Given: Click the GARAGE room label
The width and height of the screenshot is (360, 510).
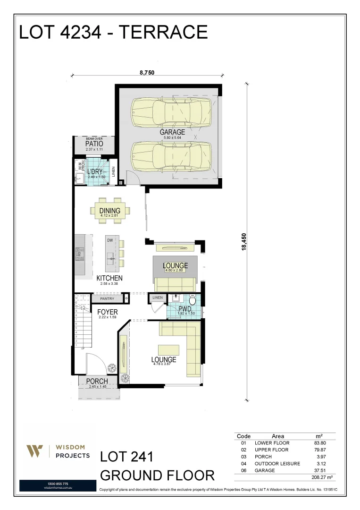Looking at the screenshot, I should pos(172,132).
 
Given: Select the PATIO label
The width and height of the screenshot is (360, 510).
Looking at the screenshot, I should pos(94,144).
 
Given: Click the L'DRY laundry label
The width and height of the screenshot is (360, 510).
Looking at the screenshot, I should pos(95,172).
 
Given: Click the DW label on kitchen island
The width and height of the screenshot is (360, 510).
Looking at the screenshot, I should pos(109,240).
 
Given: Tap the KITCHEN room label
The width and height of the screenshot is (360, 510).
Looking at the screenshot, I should pos(109,278).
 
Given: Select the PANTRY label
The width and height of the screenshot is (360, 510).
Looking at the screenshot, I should pos(107,299).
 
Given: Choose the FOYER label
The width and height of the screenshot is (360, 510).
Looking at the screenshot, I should pos(108,312).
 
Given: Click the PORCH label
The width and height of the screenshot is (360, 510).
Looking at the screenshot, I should pos(97,381).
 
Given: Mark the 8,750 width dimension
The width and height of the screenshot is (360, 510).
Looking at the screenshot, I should pos(147,73).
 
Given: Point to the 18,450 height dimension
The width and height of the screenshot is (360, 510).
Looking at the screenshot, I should pos(244,242).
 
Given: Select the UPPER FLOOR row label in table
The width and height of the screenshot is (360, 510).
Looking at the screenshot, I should pos(271,450).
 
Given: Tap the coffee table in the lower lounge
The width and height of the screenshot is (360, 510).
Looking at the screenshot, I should pos(168,350).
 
